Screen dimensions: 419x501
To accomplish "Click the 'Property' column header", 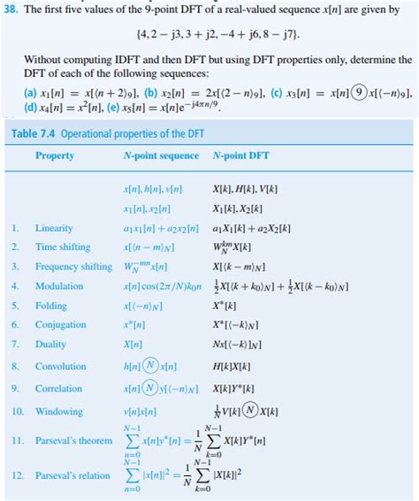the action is [x=55, y=156].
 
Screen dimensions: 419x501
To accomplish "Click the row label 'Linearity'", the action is [x=54, y=228].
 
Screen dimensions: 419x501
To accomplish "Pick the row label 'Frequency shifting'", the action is [x=73, y=267].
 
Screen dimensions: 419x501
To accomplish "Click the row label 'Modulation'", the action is [x=58, y=286].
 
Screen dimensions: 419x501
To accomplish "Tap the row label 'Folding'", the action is [x=50, y=306].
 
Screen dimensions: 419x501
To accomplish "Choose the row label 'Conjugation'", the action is [x=61, y=325].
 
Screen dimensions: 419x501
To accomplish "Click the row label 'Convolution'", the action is [x=61, y=366].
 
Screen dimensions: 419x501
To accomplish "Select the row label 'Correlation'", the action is [x=58, y=388].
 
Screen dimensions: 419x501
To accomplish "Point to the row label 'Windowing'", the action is [x=58, y=411].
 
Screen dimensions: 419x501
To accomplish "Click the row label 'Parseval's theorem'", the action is [x=74, y=440].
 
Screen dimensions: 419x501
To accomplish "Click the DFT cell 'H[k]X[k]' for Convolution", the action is [x=232, y=366].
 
